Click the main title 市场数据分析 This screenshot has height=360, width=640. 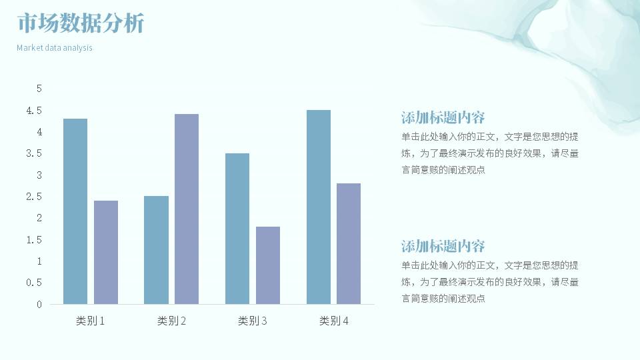point(81,23)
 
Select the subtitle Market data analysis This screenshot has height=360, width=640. point(55,48)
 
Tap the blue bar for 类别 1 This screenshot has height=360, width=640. point(75,211)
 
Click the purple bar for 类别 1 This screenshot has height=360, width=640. point(106,252)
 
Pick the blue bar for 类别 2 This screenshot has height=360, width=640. point(156,250)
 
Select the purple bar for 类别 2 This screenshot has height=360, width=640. point(187,209)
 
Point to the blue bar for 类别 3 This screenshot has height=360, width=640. point(237,229)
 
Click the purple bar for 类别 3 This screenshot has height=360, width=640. point(268,265)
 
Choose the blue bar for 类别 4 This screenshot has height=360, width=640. point(319,207)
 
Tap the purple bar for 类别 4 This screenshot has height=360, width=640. point(349,244)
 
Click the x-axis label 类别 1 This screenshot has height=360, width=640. point(90,321)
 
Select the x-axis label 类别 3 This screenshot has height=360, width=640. point(252,321)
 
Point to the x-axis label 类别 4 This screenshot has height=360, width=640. point(333,321)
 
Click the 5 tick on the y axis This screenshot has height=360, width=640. point(39,89)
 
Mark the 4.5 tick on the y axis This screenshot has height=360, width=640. point(34,111)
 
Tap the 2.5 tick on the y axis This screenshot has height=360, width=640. point(34,197)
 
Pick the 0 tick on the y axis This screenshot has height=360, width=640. point(39,305)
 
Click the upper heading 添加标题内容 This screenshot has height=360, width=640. point(443,117)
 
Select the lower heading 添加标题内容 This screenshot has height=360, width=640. point(443,246)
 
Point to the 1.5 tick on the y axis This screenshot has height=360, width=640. point(34,240)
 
